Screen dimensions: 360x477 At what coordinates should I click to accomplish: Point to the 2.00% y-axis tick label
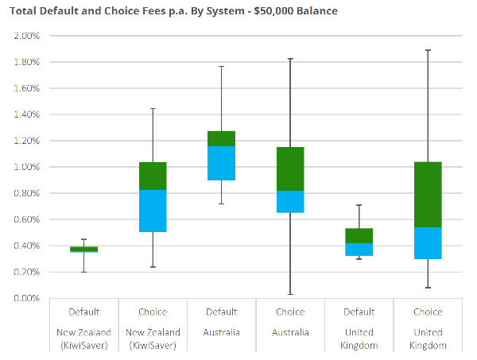pyautogui.click(x=26, y=36)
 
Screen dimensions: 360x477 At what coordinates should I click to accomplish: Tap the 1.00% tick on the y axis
pyautogui.click(x=26, y=167)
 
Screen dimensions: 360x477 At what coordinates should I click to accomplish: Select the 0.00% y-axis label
pyautogui.click(x=26, y=298)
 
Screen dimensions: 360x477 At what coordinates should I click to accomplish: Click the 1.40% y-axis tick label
pyautogui.click(x=26, y=114)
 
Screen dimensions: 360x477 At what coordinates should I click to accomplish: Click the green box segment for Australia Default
pyautogui.click(x=221, y=138)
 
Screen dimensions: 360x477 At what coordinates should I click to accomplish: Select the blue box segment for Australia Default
pyautogui.click(x=221, y=163)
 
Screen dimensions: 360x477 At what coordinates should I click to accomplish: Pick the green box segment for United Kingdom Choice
pyautogui.click(x=428, y=195)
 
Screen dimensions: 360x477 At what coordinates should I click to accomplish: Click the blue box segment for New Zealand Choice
pyautogui.click(x=153, y=211)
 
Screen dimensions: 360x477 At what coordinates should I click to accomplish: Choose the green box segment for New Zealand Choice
pyautogui.click(x=153, y=176)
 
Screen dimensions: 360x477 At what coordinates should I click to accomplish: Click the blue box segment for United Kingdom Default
pyautogui.click(x=359, y=249)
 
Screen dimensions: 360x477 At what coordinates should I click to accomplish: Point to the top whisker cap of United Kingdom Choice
pyautogui.click(x=428, y=50)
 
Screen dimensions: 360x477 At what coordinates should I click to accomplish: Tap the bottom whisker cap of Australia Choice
pyautogui.click(x=290, y=295)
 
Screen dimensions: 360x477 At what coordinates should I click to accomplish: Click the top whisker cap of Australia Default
pyautogui.click(x=221, y=66)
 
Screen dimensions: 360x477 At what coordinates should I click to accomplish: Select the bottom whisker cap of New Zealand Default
pyautogui.click(x=84, y=272)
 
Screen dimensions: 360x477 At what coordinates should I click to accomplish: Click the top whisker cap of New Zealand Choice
pyautogui.click(x=153, y=108)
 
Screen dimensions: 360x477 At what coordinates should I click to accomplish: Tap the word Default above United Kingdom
pyautogui.click(x=359, y=312)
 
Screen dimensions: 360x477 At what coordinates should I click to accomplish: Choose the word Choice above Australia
pyautogui.click(x=290, y=312)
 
